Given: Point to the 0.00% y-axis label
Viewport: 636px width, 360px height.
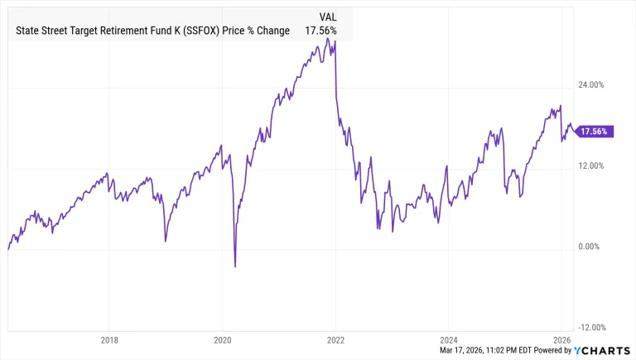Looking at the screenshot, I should (x=590, y=246).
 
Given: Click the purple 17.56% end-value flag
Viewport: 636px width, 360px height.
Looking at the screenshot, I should (x=594, y=132).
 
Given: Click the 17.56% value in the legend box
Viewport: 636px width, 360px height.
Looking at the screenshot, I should (x=321, y=31).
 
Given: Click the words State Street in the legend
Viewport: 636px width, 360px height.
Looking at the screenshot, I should (x=41, y=31).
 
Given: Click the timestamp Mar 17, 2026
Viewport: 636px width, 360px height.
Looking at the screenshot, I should (x=468, y=350).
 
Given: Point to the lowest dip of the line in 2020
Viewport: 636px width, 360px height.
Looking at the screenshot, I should (x=235, y=266).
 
